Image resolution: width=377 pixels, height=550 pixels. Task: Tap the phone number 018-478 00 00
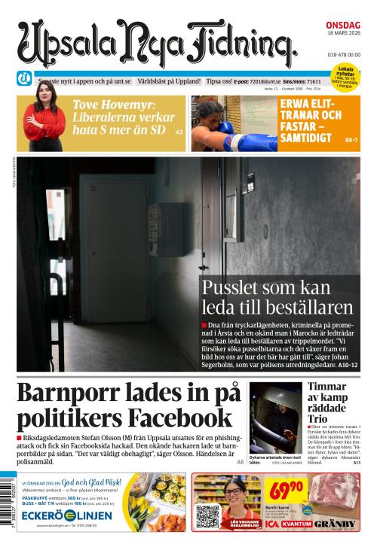[x=343, y=54]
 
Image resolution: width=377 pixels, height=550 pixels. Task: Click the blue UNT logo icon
[x=24, y=77]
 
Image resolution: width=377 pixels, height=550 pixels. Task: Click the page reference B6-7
[x=351, y=140]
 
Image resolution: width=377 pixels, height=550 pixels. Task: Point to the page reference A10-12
[x=343, y=365]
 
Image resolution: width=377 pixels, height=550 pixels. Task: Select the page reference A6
[x=240, y=462]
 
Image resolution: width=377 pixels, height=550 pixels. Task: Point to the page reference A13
[x=357, y=462]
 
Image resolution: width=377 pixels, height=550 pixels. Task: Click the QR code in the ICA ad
[x=207, y=516]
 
